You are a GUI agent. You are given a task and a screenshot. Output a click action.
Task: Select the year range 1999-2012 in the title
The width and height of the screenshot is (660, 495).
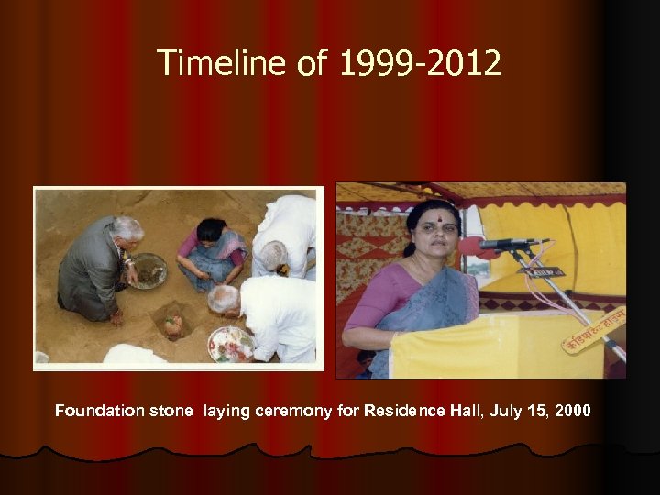[421, 63]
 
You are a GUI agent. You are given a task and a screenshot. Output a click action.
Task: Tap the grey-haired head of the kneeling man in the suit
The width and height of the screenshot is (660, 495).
[126, 228]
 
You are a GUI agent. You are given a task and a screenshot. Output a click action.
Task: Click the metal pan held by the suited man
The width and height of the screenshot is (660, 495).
[148, 270]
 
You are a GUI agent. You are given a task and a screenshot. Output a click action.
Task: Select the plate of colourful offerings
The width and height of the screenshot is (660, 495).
[230, 344]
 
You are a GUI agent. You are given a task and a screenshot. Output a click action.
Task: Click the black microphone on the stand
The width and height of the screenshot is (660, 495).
[513, 244]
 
